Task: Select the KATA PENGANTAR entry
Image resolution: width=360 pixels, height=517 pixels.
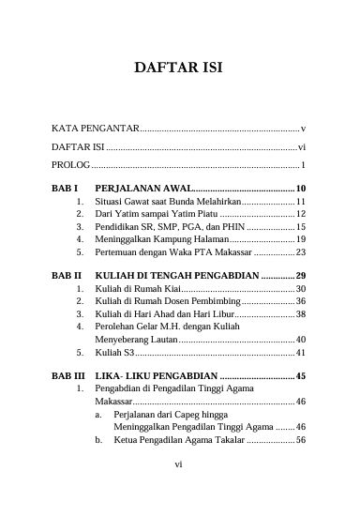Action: click(x=95, y=127)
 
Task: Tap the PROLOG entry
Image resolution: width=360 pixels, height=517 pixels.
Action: click(x=70, y=165)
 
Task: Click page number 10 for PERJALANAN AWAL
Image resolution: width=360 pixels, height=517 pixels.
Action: click(x=300, y=189)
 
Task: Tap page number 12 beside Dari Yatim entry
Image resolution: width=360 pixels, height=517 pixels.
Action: click(x=300, y=215)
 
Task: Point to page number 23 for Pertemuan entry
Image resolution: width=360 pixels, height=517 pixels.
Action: click(x=300, y=252)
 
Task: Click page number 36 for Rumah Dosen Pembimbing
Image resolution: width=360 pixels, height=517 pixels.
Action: click(x=300, y=302)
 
